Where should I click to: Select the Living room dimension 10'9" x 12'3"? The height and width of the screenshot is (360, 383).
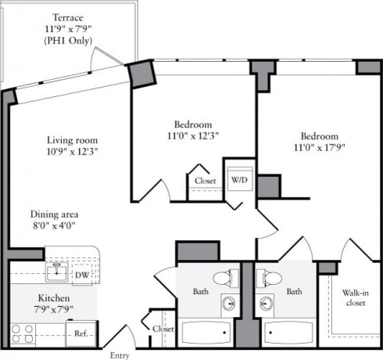tap(71, 150)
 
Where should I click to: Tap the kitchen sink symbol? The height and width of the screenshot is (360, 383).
tap(56, 272)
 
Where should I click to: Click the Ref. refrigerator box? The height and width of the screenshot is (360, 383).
tap(81, 333)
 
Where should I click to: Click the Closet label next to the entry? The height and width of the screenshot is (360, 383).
tap(163, 329)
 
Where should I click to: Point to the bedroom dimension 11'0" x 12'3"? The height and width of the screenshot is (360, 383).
tap(191, 135)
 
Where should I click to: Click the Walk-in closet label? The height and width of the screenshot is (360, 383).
tap(356, 300)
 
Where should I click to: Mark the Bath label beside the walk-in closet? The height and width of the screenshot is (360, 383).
tap(294, 292)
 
